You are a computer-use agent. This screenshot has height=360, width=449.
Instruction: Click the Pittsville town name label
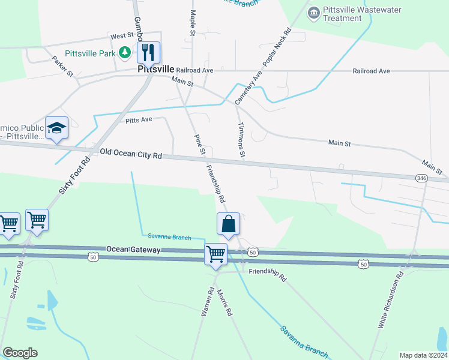point(155,69)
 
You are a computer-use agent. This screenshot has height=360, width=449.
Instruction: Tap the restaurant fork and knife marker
point(148,52)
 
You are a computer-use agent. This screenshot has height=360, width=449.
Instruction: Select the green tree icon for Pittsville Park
point(125,53)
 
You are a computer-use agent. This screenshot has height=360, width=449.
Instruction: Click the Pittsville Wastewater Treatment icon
point(313,13)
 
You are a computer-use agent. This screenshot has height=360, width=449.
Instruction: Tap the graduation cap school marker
point(56,127)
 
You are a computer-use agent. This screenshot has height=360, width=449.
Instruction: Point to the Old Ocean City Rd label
point(131,154)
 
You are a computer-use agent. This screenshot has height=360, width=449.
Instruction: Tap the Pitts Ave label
point(139,120)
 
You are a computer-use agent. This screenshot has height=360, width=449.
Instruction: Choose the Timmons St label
point(242,141)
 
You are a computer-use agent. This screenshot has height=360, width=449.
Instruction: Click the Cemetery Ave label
point(249,88)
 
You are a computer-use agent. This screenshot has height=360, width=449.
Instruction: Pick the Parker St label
point(62,67)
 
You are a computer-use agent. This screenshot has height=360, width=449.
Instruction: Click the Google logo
point(20,352)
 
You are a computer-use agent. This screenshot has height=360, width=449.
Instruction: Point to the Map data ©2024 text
point(423,355)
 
